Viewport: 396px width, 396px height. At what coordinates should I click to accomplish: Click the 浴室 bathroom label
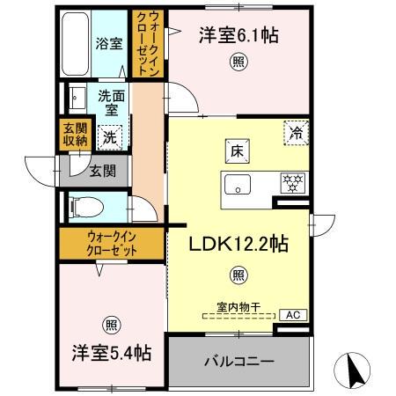click(x=108, y=44)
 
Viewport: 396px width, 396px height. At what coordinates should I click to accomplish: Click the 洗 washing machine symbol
click(x=109, y=136)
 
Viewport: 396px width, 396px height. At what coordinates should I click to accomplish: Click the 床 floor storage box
click(x=237, y=150)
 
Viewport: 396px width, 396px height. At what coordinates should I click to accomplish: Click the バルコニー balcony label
click(x=239, y=361)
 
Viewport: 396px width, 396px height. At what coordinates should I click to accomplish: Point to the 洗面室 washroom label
click(x=109, y=103)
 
